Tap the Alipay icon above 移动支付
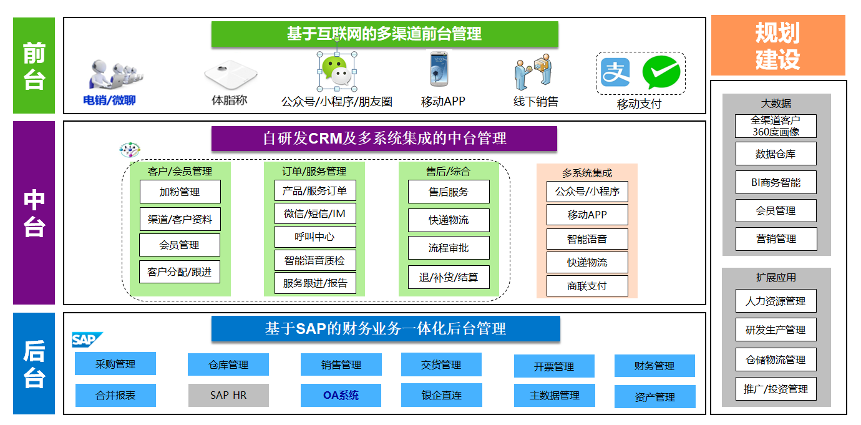click(x=615, y=72)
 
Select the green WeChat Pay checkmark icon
click(x=661, y=72)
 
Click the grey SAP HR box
click(x=228, y=395)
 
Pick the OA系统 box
click(x=341, y=395)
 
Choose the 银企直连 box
click(x=441, y=395)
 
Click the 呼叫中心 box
click(x=315, y=237)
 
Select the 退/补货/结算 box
click(x=449, y=277)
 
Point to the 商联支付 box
click(x=587, y=286)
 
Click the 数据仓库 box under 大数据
click(x=776, y=154)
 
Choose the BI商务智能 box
click(x=776, y=182)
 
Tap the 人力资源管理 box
click(x=776, y=301)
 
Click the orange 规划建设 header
click(x=777, y=46)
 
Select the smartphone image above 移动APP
click(x=439, y=69)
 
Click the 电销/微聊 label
click(x=110, y=100)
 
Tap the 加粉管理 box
click(x=180, y=192)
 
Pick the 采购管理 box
click(x=115, y=364)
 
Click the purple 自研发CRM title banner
click(x=384, y=138)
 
